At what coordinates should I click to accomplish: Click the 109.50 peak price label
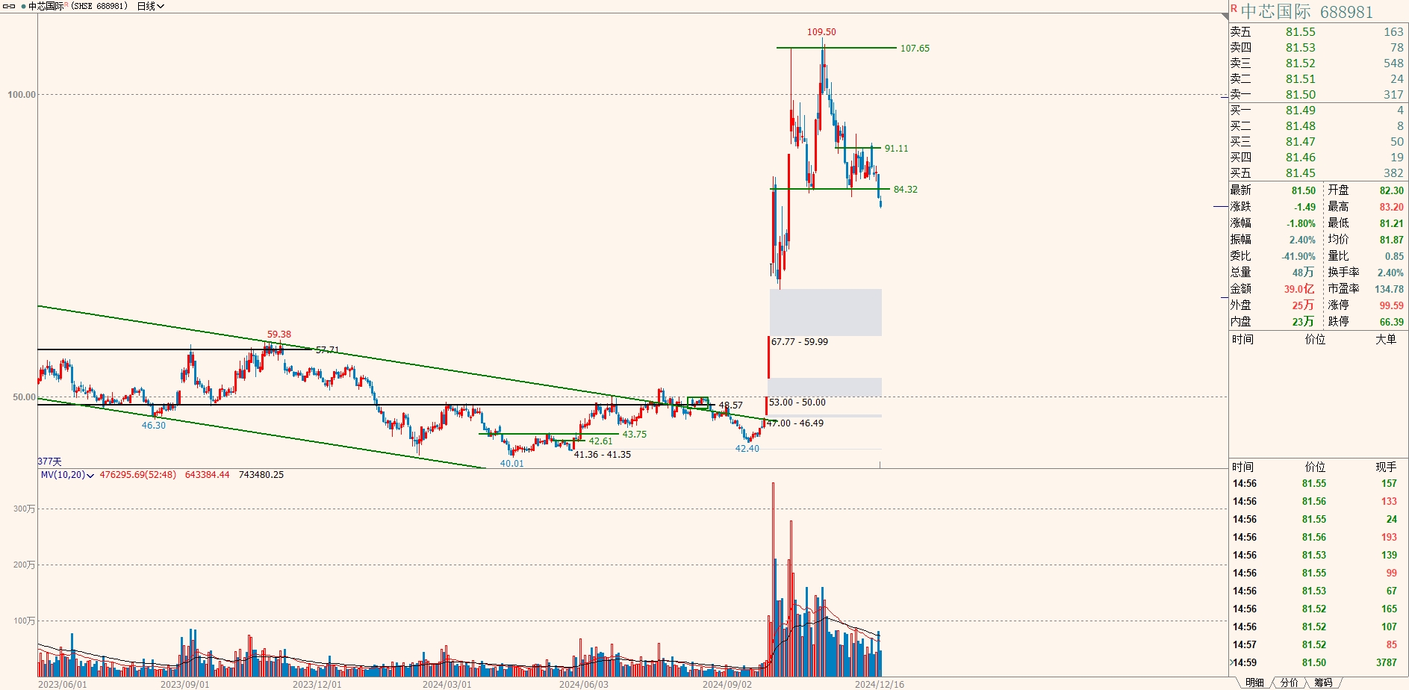click(821, 32)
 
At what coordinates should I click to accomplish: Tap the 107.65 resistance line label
click(915, 49)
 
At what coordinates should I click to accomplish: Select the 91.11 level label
click(896, 149)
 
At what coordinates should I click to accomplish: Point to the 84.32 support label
click(905, 190)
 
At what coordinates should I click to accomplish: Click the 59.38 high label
click(279, 335)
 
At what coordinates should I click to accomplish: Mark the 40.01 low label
click(511, 464)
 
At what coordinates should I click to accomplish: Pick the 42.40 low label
click(747, 449)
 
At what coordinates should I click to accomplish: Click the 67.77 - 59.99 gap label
click(800, 342)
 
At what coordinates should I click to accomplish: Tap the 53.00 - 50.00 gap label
click(797, 402)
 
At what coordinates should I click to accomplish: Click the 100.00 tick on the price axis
click(22, 95)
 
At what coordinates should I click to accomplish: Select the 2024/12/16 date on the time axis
click(879, 684)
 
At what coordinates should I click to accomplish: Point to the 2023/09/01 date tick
click(185, 684)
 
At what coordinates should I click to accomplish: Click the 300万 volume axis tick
click(24, 509)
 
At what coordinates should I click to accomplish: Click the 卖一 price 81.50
click(1301, 95)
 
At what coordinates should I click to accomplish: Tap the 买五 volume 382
click(1393, 173)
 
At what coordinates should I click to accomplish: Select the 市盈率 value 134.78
click(1389, 289)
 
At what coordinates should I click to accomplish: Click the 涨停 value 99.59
click(1391, 305)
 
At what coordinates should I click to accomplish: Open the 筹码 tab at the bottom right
click(1324, 683)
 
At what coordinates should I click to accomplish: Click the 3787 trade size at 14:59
click(1386, 662)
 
